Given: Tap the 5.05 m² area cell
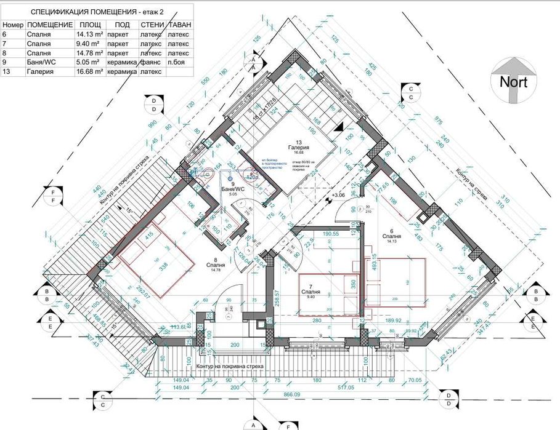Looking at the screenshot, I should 86,62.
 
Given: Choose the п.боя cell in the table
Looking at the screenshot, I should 176,62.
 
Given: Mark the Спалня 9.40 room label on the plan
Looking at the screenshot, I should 309,292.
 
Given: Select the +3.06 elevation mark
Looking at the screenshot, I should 338,196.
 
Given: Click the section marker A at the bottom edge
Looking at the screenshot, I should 251,424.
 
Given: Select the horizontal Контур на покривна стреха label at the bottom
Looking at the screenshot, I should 230,367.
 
